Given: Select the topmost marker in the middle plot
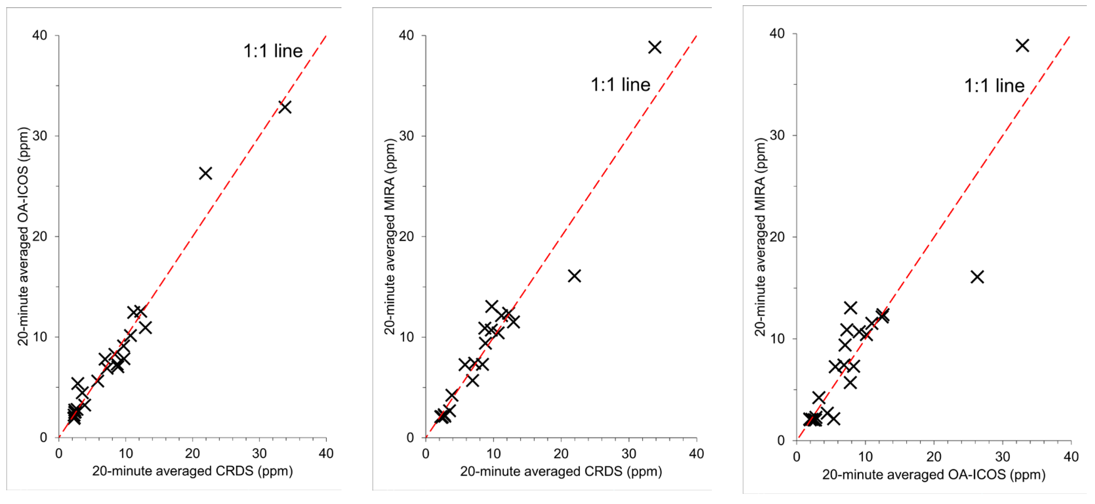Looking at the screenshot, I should click(655, 47).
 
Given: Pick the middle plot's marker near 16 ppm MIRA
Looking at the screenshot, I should click(574, 276).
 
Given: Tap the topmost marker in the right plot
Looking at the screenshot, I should click(1022, 45).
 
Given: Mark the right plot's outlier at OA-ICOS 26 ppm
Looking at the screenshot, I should click(977, 277).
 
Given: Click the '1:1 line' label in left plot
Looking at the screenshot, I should click(273, 51).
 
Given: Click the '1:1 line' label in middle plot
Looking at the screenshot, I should click(620, 85).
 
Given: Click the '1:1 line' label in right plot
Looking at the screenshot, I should click(994, 86).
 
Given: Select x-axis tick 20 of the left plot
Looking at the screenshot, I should click(192, 453).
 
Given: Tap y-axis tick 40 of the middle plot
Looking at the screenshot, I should click(407, 35).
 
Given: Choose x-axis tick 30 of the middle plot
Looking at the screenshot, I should click(629, 454).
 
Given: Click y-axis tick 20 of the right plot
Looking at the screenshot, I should click(777, 237).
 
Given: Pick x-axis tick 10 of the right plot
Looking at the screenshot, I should click(865, 457).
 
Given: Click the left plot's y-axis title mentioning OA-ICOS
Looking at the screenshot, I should click(23, 236).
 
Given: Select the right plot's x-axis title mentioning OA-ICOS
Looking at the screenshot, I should click(933, 474).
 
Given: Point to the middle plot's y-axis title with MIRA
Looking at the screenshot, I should click(390, 236).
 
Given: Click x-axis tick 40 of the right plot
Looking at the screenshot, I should click(1071, 457).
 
